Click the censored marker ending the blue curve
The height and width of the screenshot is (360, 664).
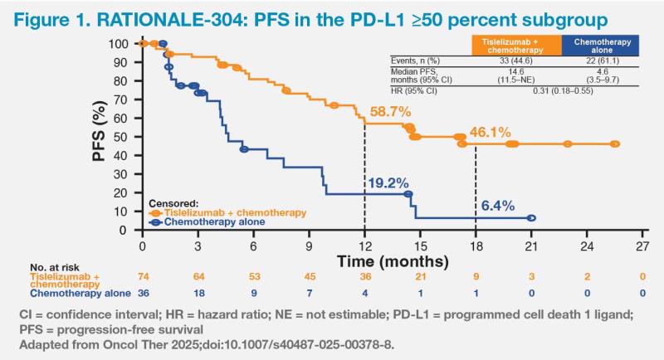(531, 218)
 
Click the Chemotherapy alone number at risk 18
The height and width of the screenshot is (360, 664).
(198, 293)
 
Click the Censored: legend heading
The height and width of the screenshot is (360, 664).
(173, 202)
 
